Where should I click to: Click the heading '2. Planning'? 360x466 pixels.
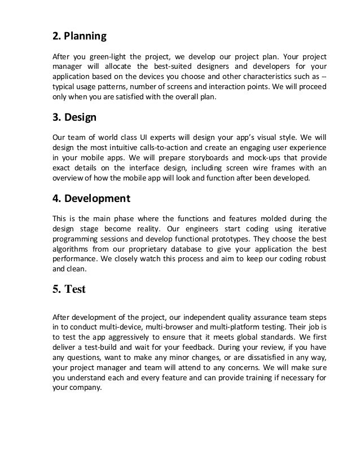click(x=79, y=37)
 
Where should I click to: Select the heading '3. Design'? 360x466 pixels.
click(x=74, y=118)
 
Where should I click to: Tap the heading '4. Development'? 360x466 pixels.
click(x=91, y=199)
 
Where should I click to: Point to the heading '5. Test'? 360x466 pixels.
click(x=69, y=289)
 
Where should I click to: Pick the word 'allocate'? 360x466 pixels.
click(x=117, y=68)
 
